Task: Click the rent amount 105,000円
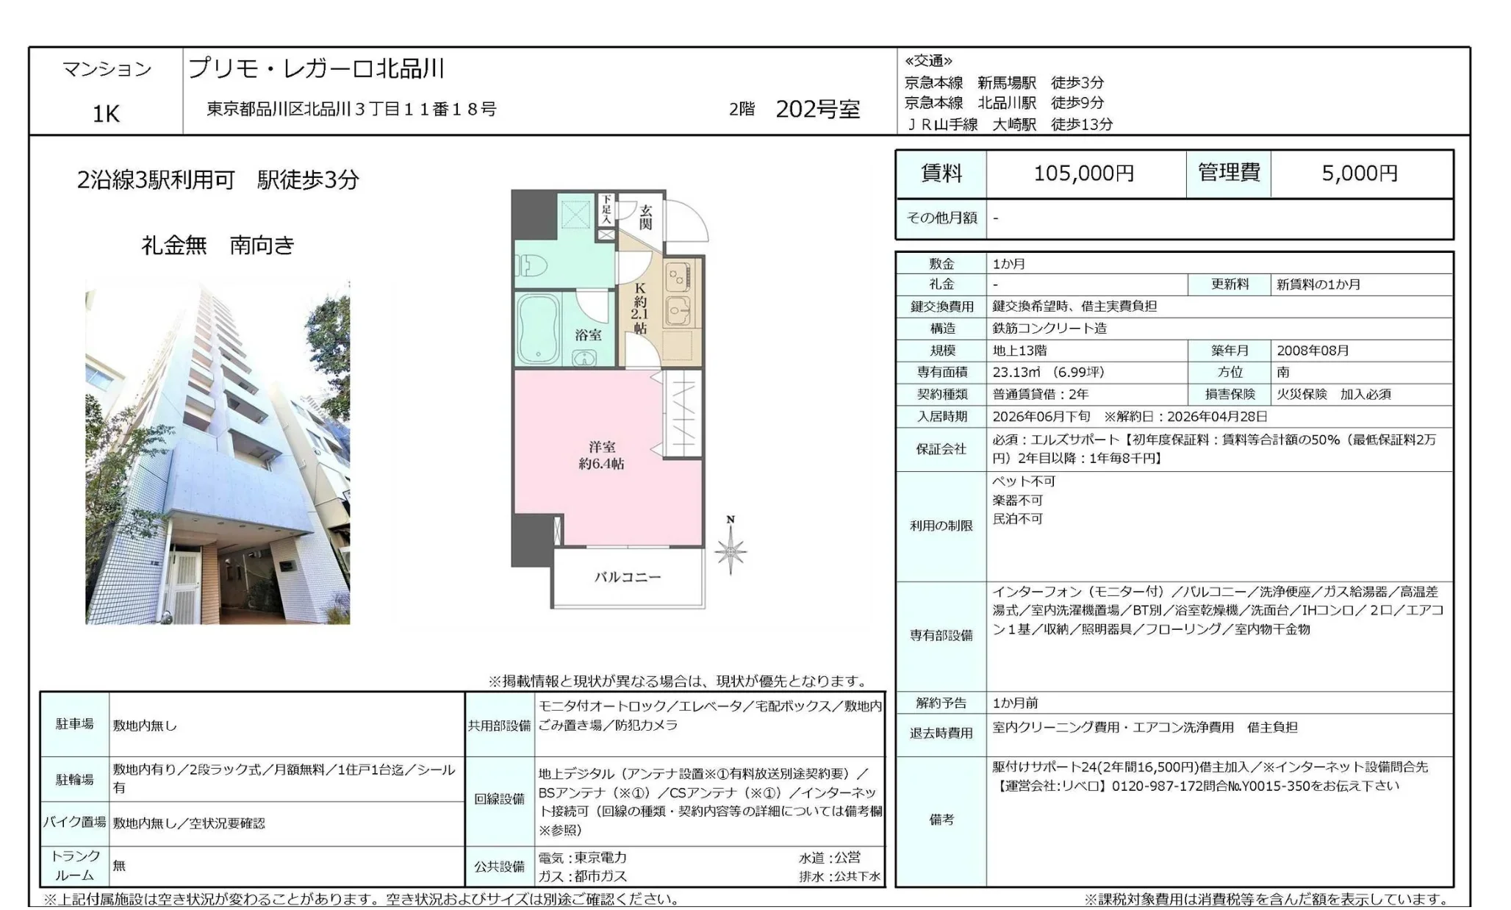click(1084, 173)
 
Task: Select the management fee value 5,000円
click(1359, 173)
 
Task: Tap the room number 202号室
click(817, 110)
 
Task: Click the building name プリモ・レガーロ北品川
click(317, 69)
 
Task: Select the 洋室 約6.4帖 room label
click(601, 455)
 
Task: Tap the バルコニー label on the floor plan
click(627, 578)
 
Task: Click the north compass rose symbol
click(730, 551)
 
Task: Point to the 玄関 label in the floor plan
click(645, 216)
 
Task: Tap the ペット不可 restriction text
click(1023, 481)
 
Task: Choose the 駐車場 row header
click(75, 725)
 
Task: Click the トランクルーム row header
click(75, 866)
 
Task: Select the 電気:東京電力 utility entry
click(582, 858)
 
